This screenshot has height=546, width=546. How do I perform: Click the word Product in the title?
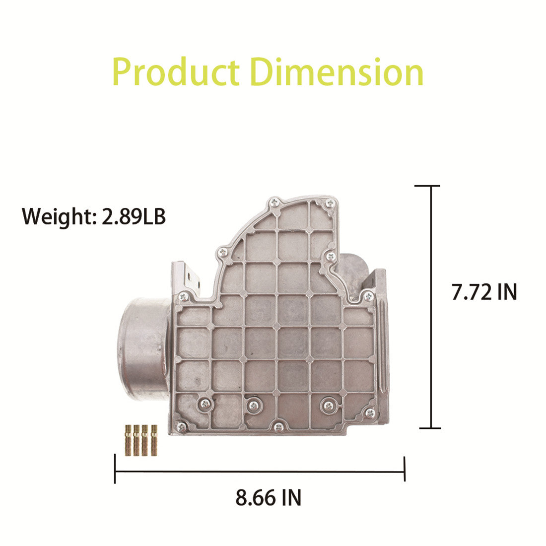pyautogui.click(x=176, y=72)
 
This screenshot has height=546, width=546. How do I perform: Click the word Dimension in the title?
pyautogui.click(x=337, y=72)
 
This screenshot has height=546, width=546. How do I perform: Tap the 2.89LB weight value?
pyautogui.click(x=134, y=216)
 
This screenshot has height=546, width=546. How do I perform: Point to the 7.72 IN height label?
pyautogui.click(x=484, y=292)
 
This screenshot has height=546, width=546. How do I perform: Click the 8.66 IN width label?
pyautogui.click(x=269, y=497)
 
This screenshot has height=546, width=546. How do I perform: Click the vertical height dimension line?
pyautogui.click(x=431, y=307)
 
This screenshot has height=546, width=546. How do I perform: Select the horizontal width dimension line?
pyautogui.click(x=260, y=472)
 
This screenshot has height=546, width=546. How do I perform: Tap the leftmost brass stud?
pyautogui.click(x=128, y=440)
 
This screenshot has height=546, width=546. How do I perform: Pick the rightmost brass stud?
pyautogui.click(x=154, y=440)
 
